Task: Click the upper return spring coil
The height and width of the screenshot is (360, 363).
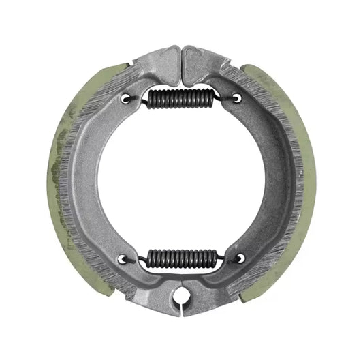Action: [181, 100]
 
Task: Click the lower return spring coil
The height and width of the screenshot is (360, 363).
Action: [181, 258]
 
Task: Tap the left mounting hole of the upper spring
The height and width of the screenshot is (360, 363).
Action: [126, 98]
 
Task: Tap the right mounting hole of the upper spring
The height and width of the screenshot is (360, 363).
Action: [236, 98]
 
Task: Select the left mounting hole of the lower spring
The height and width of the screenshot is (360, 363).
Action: [123, 258]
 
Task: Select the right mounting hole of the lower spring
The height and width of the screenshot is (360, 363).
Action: [240, 258]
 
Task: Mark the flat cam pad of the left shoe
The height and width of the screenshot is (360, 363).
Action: [161, 56]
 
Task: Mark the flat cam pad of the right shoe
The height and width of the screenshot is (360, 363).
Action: [202, 56]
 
